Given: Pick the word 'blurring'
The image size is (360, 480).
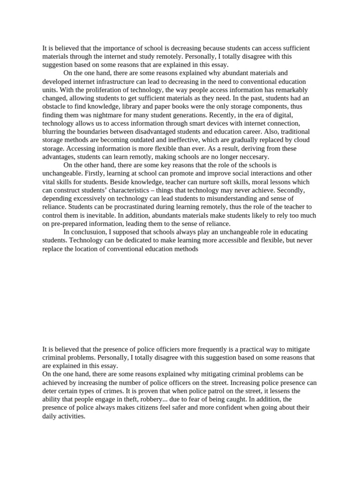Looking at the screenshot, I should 54,132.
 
